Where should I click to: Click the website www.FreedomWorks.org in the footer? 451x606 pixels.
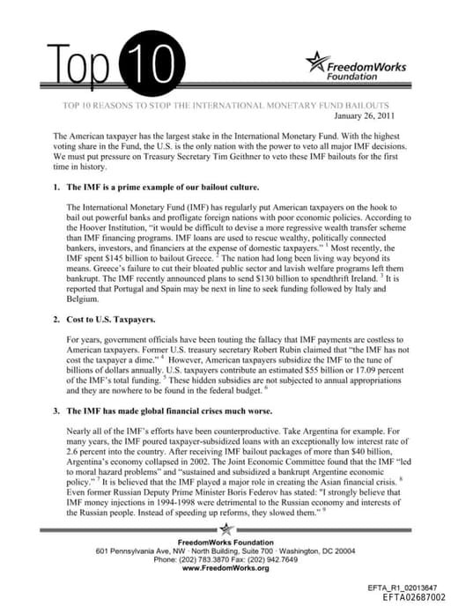click(225, 569)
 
